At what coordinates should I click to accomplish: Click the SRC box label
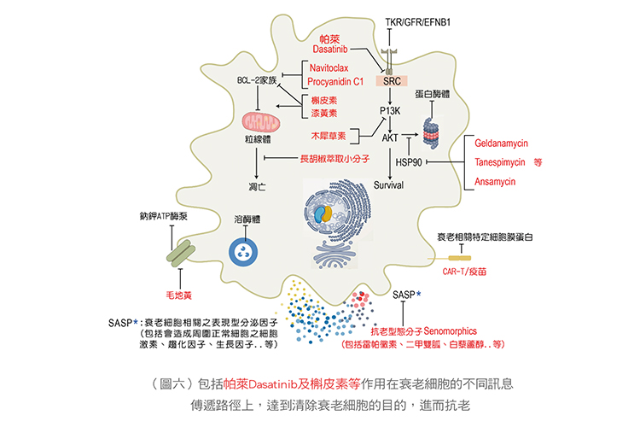[x=393, y=82]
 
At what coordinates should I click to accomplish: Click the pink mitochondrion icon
[x=259, y=121]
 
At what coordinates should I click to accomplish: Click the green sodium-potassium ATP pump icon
[x=182, y=251]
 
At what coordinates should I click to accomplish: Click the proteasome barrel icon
[x=429, y=128]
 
